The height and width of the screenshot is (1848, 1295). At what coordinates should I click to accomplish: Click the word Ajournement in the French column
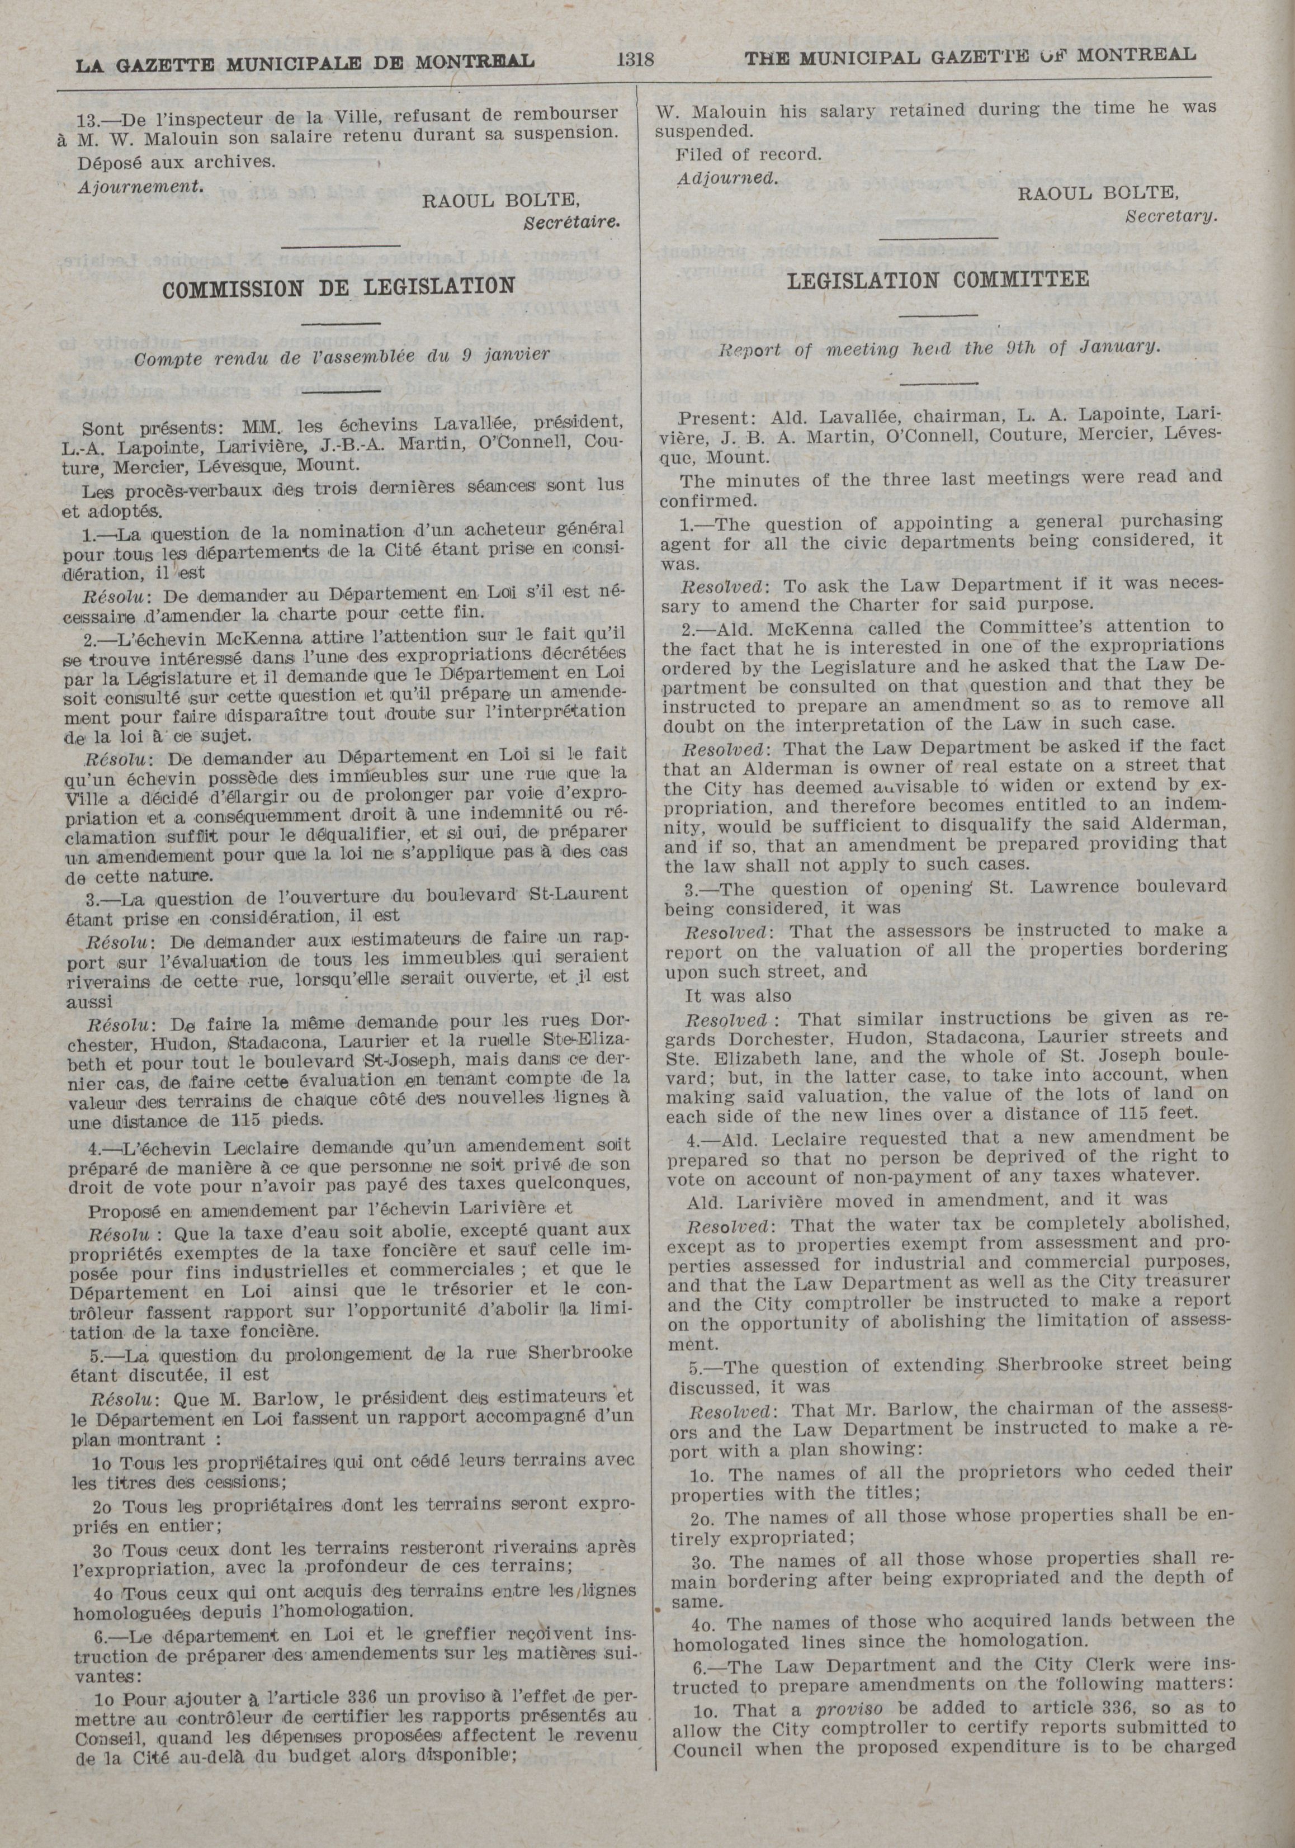(139, 185)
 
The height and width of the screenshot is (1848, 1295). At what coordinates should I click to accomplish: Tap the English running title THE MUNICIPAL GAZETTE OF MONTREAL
(969, 56)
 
